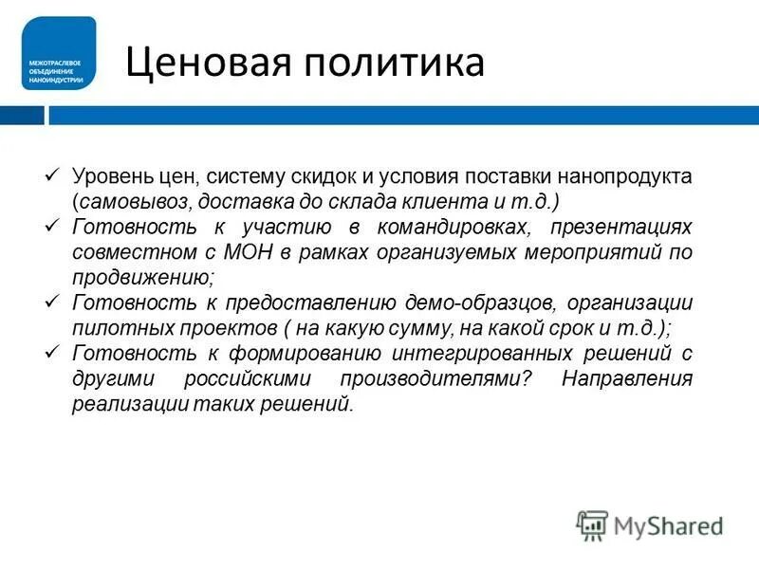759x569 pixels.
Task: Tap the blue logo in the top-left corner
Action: click(59, 53)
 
